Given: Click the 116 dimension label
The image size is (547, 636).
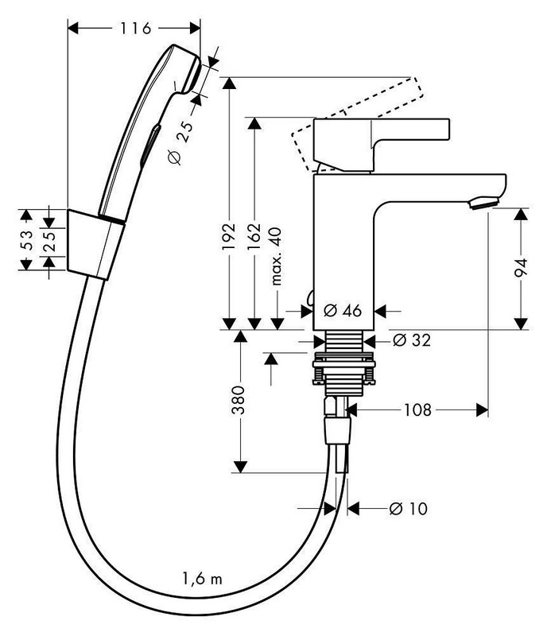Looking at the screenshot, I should [136, 29].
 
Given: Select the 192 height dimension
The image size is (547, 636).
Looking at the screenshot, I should [229, 232].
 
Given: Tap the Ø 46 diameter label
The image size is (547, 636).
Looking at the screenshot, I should [343, 310].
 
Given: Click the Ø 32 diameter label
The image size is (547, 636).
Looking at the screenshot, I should [412, 340].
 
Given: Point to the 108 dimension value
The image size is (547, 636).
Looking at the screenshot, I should [417, 410].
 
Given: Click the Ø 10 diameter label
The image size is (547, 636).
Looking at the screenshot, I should [408, 508].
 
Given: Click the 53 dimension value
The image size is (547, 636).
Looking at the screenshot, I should [26, 239].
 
